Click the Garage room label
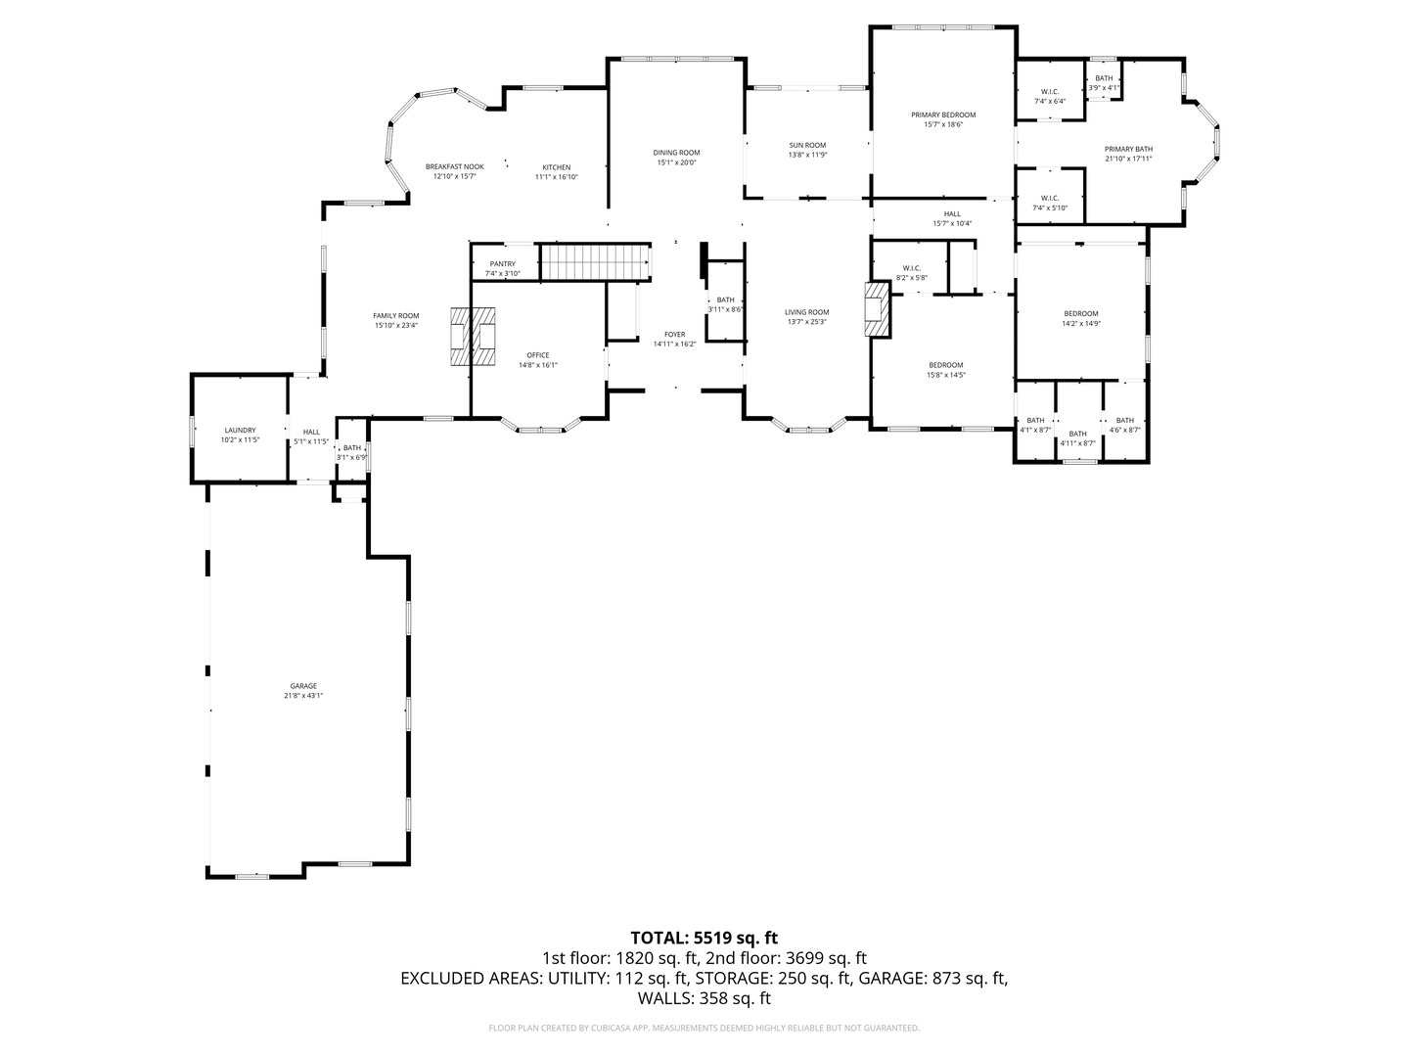point(302,686)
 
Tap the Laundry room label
point(240,431)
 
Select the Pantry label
point(502,264)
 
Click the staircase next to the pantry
point(596,262)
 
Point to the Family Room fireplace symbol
point(473,337)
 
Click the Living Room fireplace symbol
point(878,309)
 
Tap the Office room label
point(537,355)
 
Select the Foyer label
point(674,335)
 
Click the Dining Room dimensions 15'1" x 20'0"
point(677,162)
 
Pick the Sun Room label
point(807,146)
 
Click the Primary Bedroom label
point(943,115)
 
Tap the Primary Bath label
point(1128,149)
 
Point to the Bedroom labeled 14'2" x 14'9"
point(1080,313)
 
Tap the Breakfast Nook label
point(454,167)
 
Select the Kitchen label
point(557,167)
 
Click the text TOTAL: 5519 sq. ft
point(704,938)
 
